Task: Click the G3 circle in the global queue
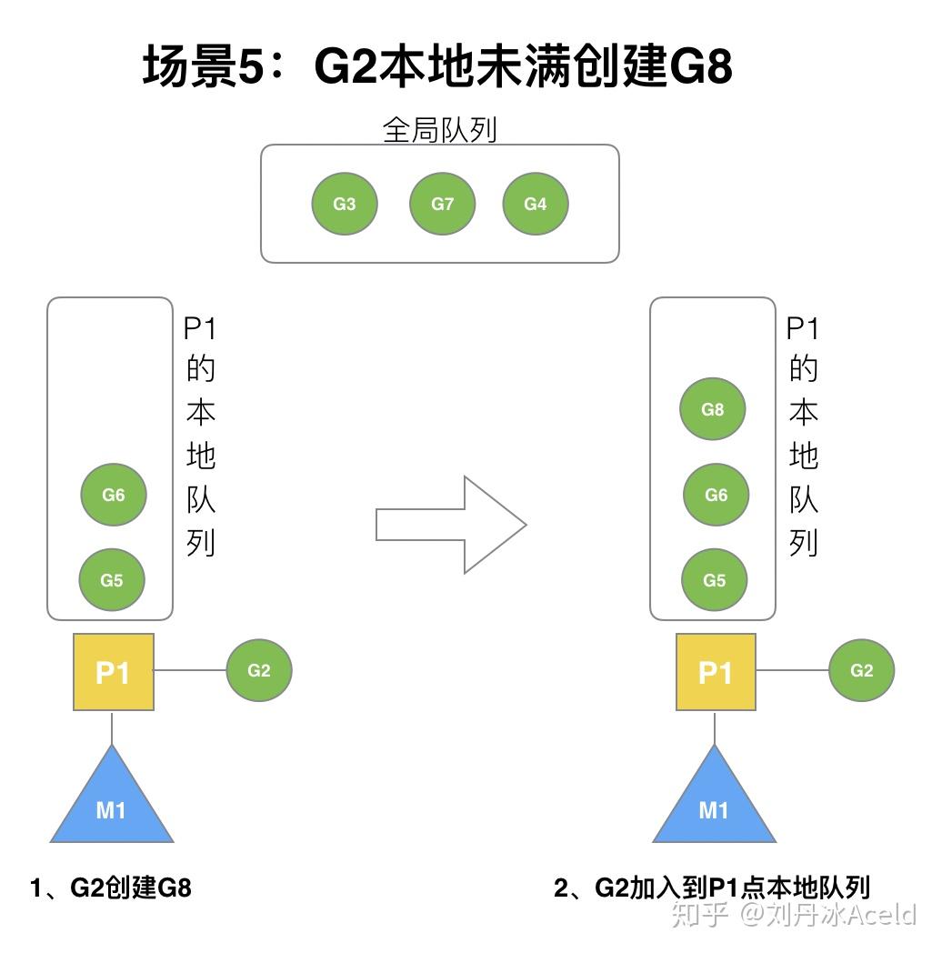click(345, 204)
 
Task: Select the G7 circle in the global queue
click(443, 204)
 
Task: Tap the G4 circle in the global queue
click(536, 204)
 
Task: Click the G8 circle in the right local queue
click(713, 409)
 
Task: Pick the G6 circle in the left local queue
click(114, 496)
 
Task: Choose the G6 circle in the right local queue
click(717, 496)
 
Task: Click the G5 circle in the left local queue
click(112, 580)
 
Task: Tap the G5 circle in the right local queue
click(715, 580)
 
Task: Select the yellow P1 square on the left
click(114, 673)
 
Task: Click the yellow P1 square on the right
click(716, 673)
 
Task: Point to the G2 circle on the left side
click(259, 670)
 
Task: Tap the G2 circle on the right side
click(862, 670)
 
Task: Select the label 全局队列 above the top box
click(440, 130)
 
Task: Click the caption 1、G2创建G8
click(110, 888)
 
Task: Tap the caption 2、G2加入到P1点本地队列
click(712, 888)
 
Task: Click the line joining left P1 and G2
click(190, 671)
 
